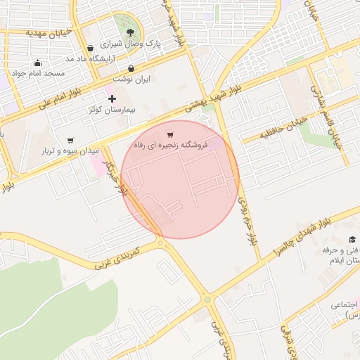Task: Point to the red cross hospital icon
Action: (112, 99)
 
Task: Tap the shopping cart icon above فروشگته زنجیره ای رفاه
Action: (170, 134)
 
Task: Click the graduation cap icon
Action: (352, 240)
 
